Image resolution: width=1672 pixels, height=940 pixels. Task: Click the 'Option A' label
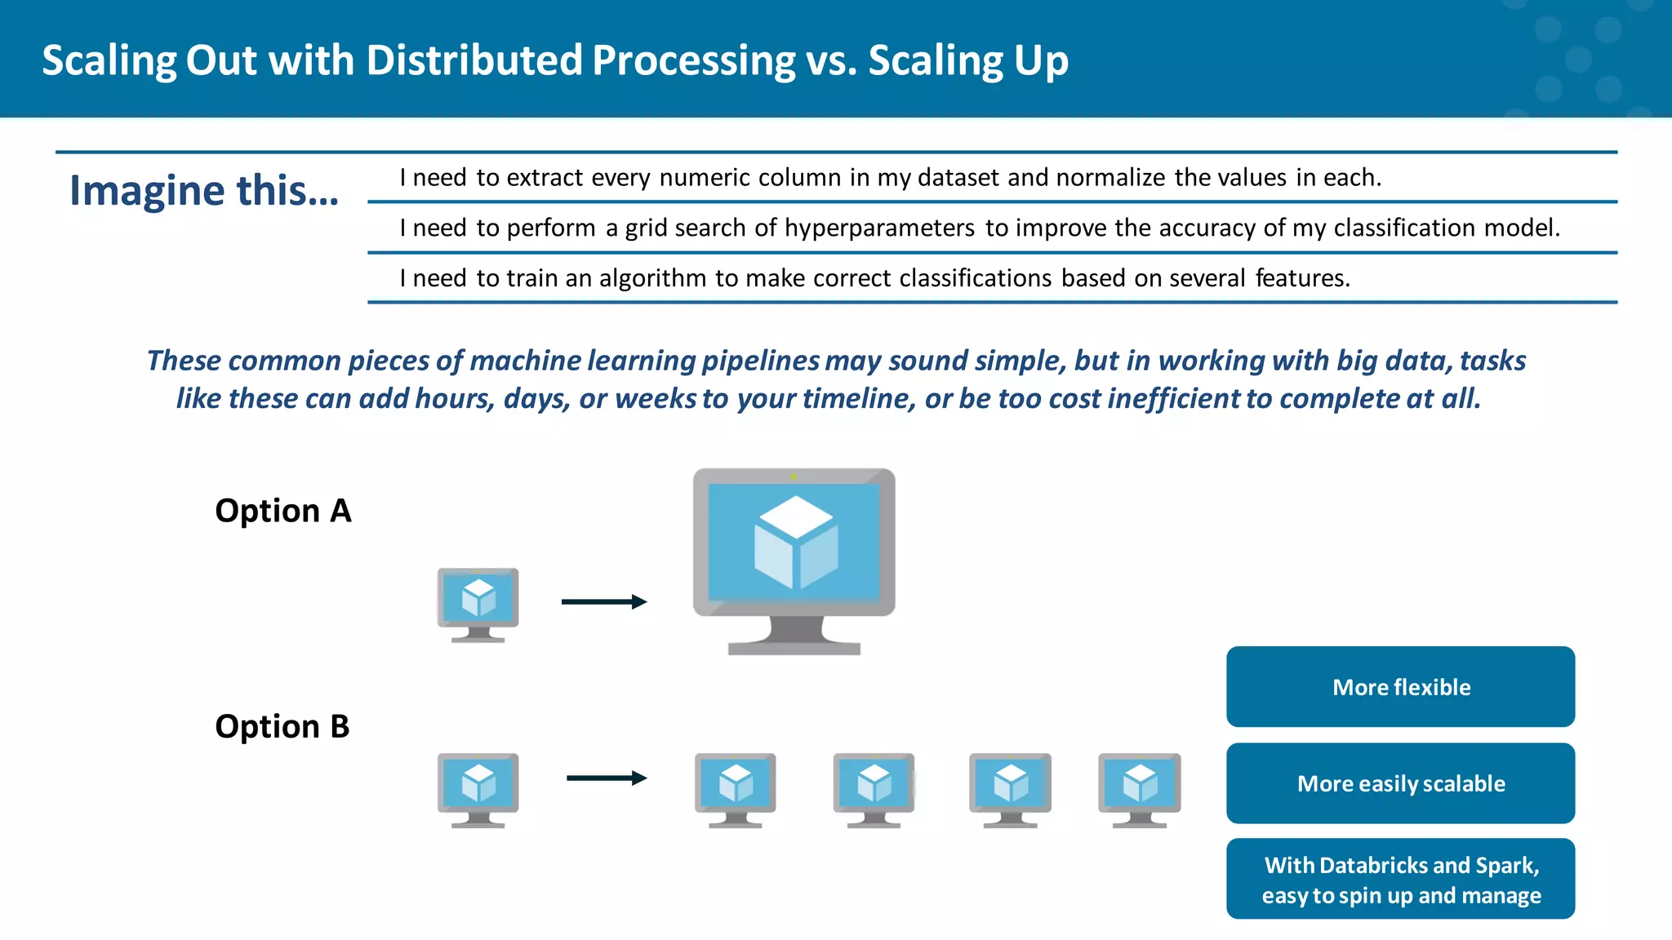click(x=282, y=511)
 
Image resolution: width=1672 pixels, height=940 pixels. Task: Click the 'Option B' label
click(x=282, y=726)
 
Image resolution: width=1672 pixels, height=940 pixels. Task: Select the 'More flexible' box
click(x=1400, y=687)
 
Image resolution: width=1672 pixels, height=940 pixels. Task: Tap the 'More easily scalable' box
click(x=1400, y=783)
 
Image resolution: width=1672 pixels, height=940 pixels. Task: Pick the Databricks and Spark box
click(x=1400, y=880)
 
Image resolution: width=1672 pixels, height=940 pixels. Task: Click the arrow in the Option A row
click(x=604, y=602)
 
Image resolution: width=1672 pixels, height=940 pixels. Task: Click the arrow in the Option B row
click(x=607, y=778)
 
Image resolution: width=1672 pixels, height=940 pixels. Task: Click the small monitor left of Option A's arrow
click(x=478, y=604)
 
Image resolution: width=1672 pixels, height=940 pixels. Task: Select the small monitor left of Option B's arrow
click(x=478, y=789)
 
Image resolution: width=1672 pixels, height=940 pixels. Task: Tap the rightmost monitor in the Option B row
click(x=1140, y=789)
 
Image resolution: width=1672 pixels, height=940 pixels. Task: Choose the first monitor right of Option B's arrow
click(x=736, y=789)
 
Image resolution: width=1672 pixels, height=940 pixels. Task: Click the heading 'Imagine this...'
click(x=204, y=190)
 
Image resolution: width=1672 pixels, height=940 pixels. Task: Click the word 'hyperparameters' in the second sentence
click(x=879, y=228)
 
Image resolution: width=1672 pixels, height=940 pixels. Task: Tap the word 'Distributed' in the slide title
click(x=474, y=60)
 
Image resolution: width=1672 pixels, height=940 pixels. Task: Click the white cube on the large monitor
click(x=795, y=542)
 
